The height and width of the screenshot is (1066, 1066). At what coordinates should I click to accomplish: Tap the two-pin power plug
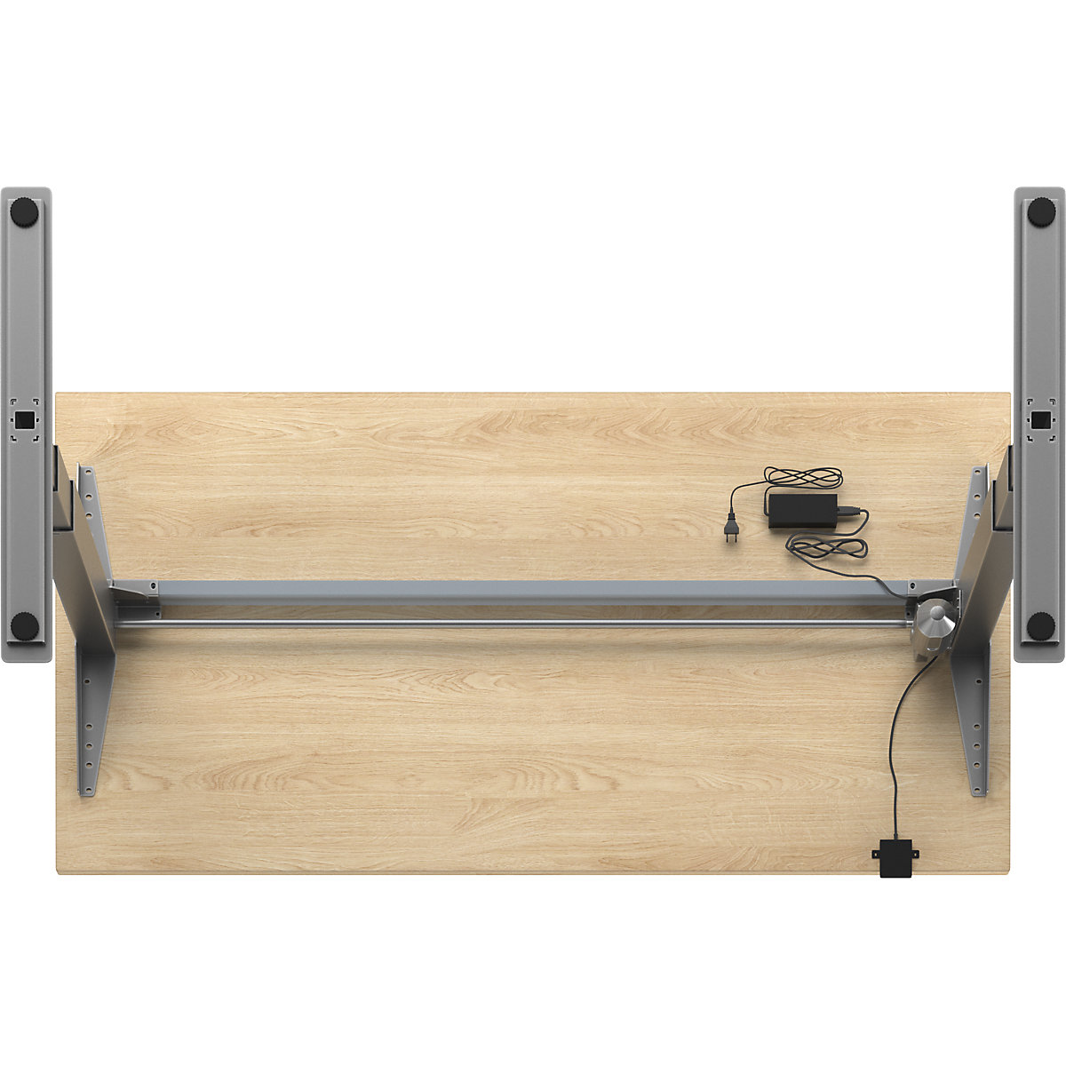click(730, 530)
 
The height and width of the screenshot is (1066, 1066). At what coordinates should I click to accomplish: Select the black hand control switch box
click(895, 857)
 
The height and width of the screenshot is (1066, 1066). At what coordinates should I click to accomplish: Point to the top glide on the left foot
click(24, 212)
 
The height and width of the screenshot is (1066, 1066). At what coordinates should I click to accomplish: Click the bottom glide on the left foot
click(24, 626)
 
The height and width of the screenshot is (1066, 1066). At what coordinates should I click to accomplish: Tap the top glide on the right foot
click(1040, 211)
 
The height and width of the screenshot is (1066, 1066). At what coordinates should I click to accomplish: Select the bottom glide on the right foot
click(1040, 625)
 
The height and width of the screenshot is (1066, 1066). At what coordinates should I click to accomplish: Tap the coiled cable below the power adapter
click(826, 547)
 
